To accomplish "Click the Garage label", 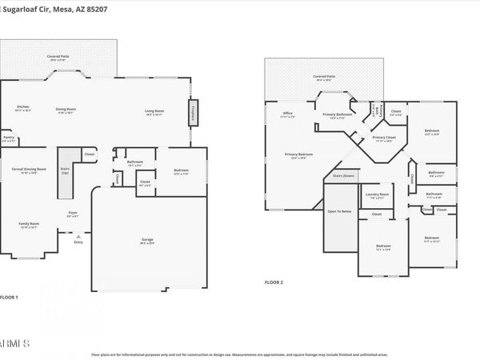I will point(147,239).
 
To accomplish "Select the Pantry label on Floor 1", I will point(9,138).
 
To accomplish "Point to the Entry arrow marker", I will point(78,238).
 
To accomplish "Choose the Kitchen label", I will point(23,107).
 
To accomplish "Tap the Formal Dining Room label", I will point(29,170).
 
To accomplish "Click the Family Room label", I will point(29,223).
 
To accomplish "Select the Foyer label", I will point(72,214).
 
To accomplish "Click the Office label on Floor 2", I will point(288,114).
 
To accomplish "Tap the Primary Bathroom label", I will point(338,114).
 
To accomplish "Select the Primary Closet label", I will point(385,138).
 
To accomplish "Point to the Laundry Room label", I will point(377,194).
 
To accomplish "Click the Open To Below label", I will point(339,211).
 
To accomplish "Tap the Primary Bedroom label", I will point(299,154).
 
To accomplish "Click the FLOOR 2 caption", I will point(274,282).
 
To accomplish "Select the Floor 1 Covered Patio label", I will point(56,57).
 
